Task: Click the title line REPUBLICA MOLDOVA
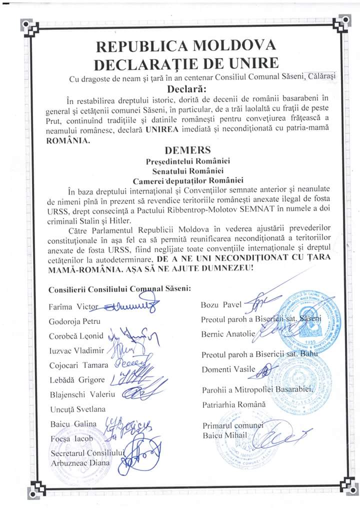point(185,47)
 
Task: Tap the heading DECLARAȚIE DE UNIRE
point(185,64)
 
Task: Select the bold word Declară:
point(186,89)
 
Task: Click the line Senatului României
point(186,170)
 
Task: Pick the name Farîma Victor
point(71,305)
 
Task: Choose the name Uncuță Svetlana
point(77,409)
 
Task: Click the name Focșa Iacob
point(71,438)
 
